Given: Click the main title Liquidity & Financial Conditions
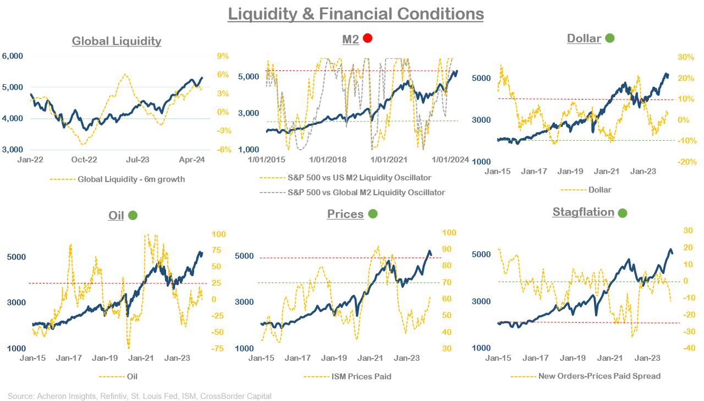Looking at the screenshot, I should (x=356, y=14).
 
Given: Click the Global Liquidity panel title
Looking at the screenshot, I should (x=117, y=41).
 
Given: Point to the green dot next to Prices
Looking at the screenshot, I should (x=372, y=214).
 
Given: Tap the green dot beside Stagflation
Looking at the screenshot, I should (x=623, y=212).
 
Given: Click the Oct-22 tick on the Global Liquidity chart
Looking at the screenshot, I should (x=84, y=160).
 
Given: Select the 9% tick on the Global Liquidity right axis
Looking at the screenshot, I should (x=222, y=56).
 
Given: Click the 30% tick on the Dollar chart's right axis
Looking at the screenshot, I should (x=669, y=57).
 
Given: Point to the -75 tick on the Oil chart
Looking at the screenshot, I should (x=219, y=348).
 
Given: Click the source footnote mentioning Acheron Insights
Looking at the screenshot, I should (x=140, y=395).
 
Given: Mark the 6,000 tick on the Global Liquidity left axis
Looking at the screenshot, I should (x=12, y=56).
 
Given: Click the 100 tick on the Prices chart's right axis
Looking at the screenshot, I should (x=450, y=232).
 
